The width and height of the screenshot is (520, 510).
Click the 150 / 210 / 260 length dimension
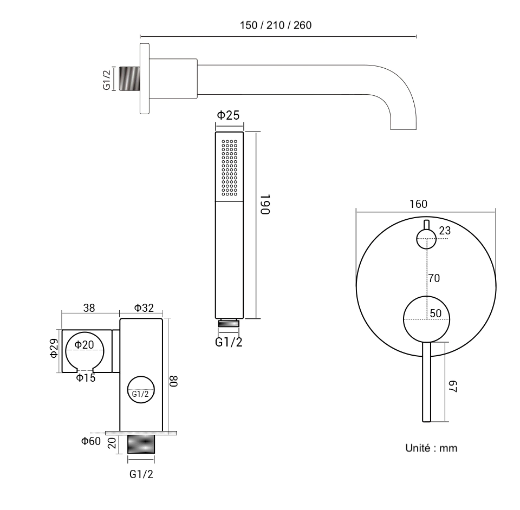(x=275, y=25)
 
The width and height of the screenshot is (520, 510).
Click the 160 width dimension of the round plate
(x=419, y=204)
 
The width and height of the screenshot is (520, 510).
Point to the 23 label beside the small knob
(x=445, y=231)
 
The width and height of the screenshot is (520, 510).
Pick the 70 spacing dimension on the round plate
(x=433, y=278)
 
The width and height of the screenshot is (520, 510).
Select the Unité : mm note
(x=432, y=448)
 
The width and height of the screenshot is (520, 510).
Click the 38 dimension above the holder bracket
(x=89, y=308)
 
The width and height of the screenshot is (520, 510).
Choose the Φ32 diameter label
(x=144, y=308)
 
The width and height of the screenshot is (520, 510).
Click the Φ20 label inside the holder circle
(x=84, y=345)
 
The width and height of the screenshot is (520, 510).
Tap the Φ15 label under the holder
(x=86, y=378)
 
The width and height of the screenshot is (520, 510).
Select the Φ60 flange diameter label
(x=91, y=441)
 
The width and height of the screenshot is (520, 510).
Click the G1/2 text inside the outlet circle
(x=140, y=394)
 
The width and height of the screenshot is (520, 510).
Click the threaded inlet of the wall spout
(x=129, y=79)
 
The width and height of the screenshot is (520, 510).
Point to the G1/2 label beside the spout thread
(x=107, y=79)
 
